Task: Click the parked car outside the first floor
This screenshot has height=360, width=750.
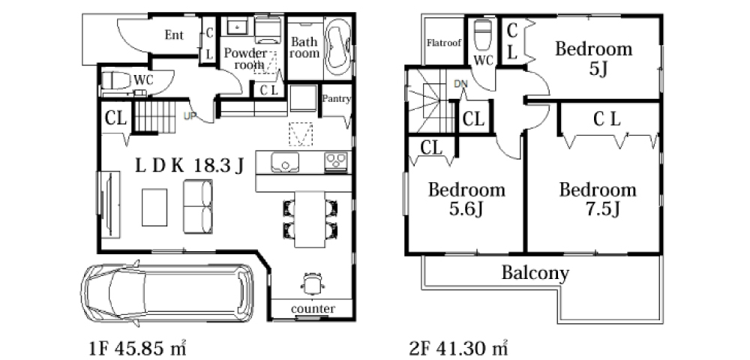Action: pyautogui.click(x=167, y=293)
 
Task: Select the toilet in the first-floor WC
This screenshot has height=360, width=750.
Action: pyautogui.click(x=115, y=80)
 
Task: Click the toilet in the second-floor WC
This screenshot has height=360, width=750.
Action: pyautogui.click(x=482, y=35)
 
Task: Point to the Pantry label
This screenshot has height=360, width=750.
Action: pyautogui.click(x=336, y=99)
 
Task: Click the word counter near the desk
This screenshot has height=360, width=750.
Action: pyautogui.click(x=313, y=309)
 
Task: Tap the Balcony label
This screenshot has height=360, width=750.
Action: pyautogui.click(x=535, y=273)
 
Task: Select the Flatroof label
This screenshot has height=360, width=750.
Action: pyautogui.click(x=444, y=43)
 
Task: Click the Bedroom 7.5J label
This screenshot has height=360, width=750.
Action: pyautogui.click(x=598, y=199)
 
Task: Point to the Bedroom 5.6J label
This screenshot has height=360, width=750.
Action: pyautogui.click(x=466, y=199)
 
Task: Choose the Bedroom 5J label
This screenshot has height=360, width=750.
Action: pyautogui.click(x=593, y=58)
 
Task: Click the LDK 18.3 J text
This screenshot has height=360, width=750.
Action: pyautogui.click(x=190, y=166)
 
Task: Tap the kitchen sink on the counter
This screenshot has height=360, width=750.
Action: pyautogui.click(x=285, y=162)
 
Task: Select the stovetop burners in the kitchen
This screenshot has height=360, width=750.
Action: pyautogui.click(x=337, y=162)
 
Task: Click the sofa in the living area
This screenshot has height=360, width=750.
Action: pyautogui.click(x=198, y=206)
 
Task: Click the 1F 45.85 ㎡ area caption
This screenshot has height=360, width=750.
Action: pyautogui.click(x=138, y=347)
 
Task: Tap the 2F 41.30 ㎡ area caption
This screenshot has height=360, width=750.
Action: pyautogui.click(x=458, y=347)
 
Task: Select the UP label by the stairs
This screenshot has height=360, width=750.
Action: pyautogui.click(x=190, y=115)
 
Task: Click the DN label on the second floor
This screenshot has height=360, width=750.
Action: pyautogui.click(x=460, y=84)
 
